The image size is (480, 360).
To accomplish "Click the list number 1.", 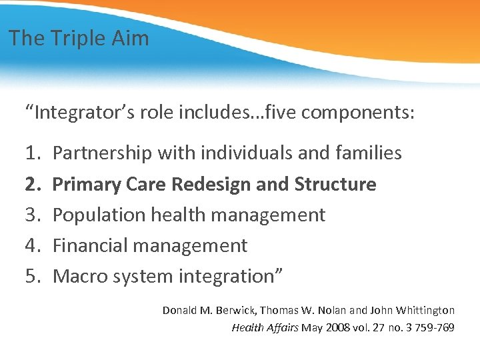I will pyautogui.click(x=33, y=153).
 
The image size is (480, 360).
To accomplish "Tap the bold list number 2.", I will pyautogui.click(x=33, y=184).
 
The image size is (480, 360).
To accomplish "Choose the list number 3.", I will pyautogui.click(x=33, y=215).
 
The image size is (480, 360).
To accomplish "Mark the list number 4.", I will pyautogui.click(x=33, y=245).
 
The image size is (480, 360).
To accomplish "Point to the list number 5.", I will pyautogui.click(x=33, y=276).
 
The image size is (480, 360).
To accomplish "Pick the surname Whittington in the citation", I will pyautogui.click(x=424, y=310).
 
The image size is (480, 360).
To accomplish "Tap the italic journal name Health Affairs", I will pyautogui.click(x=265, y=327).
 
